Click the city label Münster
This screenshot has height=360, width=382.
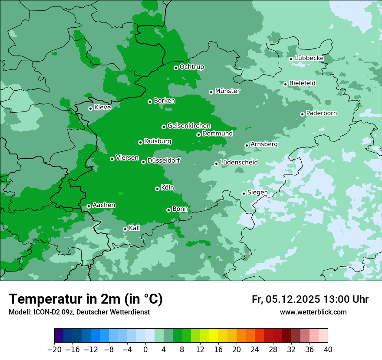(x=227, y=91)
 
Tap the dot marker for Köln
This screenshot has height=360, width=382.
(x=157, y=189)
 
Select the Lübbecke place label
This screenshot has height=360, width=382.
(x=310, y=58)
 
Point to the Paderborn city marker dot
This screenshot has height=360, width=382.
(x=302, y=114)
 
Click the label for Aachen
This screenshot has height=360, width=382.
(x=104, y=205)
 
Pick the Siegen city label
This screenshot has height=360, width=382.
(x=257, y=193)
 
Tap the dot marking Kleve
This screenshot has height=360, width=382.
(x=90, y=108)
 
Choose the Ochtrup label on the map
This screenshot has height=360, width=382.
(x=192, y=67)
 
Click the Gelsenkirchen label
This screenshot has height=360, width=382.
(x=189, y=126)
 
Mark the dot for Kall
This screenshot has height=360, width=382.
(x=125, y=229)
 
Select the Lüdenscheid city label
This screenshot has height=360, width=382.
(x=239, y=163)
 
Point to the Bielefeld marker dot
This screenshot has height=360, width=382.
(x=285, y=84)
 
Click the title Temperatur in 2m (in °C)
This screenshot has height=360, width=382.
(x=86, y=299)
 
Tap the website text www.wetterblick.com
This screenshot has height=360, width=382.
(x=313, y=312)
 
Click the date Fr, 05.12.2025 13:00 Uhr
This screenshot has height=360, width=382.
(x=310, y=299)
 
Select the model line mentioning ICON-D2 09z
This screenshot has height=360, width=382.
(x=79, y=312)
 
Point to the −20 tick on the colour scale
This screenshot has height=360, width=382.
(x=55, y=350)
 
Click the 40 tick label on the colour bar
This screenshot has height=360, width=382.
(x=328, y=350)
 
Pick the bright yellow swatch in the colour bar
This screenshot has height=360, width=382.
(x=214, y=336)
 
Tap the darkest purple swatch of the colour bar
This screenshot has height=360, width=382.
(x=59, y=336)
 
